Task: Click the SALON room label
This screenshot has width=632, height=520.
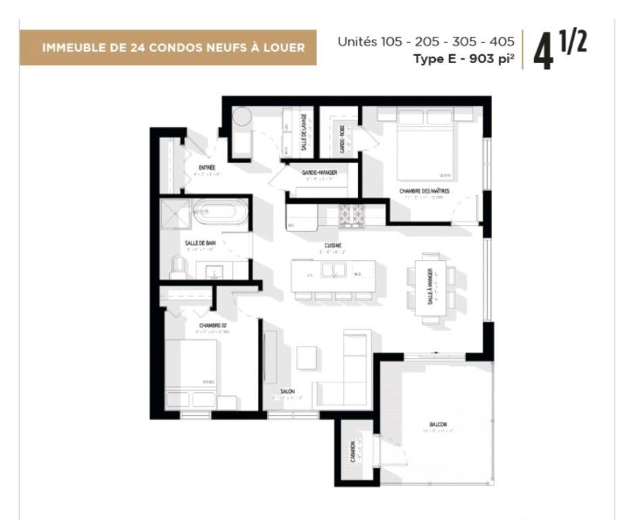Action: [288, 391]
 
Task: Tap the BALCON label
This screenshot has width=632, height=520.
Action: [438, 425]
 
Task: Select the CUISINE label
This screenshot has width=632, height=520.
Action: [332, 245]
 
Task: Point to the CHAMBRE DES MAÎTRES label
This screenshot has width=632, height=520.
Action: [424, 192]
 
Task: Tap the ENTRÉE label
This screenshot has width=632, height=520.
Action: [207, 167]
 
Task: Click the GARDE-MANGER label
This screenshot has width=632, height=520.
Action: [319, 173]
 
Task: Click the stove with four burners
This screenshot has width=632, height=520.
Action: [351, 215]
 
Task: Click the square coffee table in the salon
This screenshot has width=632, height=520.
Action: [307, 357]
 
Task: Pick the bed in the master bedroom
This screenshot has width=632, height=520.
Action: [424, 147]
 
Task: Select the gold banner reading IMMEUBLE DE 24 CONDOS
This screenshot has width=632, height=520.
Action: [168, 47]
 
